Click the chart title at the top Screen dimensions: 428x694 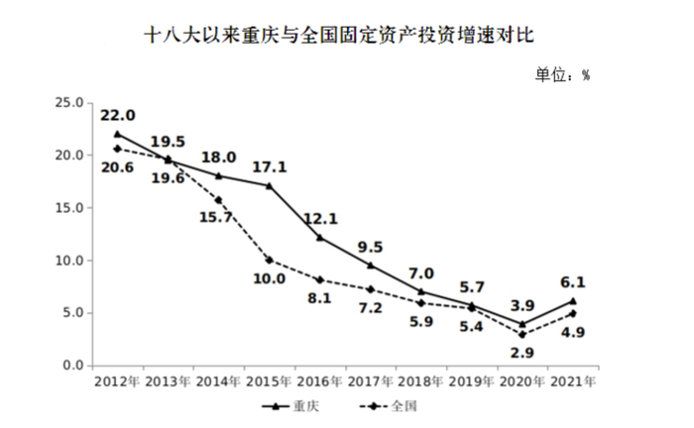(346, 38)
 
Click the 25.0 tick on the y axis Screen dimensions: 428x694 (69, 102)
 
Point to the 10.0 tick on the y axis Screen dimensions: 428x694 (69, 261)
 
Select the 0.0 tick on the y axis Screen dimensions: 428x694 (72, 366)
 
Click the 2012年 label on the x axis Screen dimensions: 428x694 (117, 381)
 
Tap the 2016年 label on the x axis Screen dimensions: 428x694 (319, 381)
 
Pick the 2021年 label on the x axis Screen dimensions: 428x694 (572, 381)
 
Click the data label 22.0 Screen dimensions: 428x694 (117, 115)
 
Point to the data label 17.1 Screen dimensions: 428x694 (268, 166)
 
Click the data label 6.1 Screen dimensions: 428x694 (572, 281)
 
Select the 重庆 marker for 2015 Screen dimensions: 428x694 (269, 185)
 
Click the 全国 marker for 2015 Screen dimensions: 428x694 (269, 261)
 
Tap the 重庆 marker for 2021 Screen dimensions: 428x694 (572, 301)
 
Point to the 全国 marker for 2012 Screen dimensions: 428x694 (117, 149)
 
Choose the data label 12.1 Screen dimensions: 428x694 (319, 218)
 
